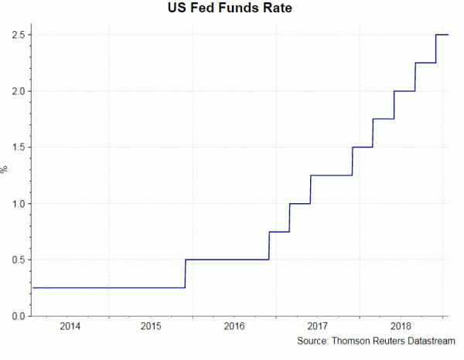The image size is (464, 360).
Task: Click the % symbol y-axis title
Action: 5,169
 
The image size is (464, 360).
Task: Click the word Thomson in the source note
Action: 353,341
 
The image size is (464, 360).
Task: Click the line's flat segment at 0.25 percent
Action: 108,287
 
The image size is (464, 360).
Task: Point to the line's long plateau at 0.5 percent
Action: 227,260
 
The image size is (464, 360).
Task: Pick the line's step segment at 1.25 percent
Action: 331,175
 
